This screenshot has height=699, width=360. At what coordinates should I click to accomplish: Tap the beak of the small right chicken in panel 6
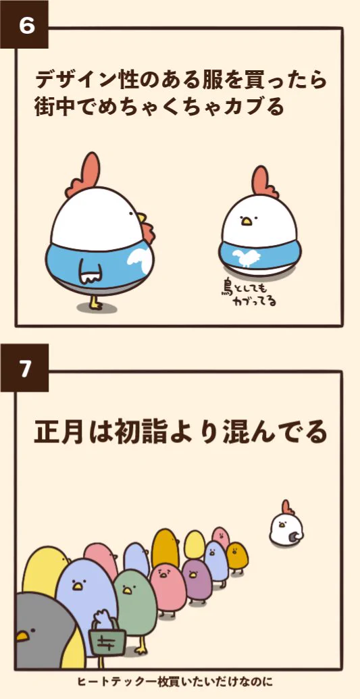[x=247, y=220]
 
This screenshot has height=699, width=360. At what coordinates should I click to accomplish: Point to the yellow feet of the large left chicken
[x=95, y=304]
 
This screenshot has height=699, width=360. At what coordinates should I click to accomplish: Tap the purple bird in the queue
[x=197, y=579]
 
